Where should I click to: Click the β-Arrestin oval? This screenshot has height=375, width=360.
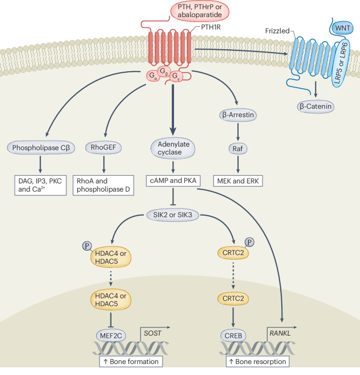[239, 116]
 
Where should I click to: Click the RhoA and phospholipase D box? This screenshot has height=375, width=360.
[103, 186]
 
